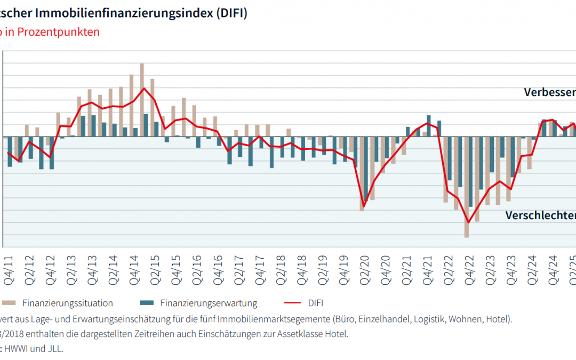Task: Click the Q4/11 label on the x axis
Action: pyautogui.click(x=10, y=267)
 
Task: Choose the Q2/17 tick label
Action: pyautogui.click(x=239, y=267)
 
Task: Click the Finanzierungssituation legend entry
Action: pyautogui.click(x=67, y=303)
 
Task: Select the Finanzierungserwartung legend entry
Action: pyautogui.click(x=209, y=303)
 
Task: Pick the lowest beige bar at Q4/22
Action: pyautogui.click(x=467, y=187)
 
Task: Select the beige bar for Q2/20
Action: pyautogui.click(x=362, y=173)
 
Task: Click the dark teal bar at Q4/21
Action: pyautogui.click(x=429, y=126)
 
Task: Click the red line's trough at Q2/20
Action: pyautogui.click(x=364, y=206)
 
